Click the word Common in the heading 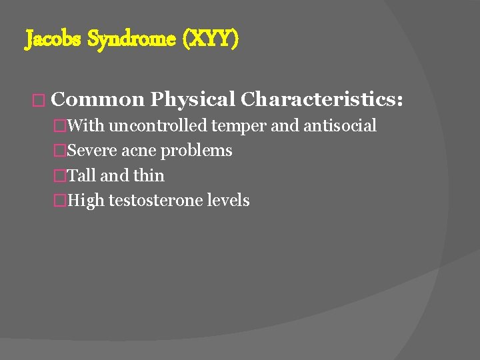(x=97, y=99)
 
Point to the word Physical (x=193, y=99)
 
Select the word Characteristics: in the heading (x=322, y=99)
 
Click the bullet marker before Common (x=38, y=100)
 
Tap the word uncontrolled (x=158, y=125)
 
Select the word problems (x=197, y=151)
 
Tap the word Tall (x=82, y=175)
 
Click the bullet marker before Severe (x=61, y=151)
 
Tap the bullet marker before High (x=61, y=201)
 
